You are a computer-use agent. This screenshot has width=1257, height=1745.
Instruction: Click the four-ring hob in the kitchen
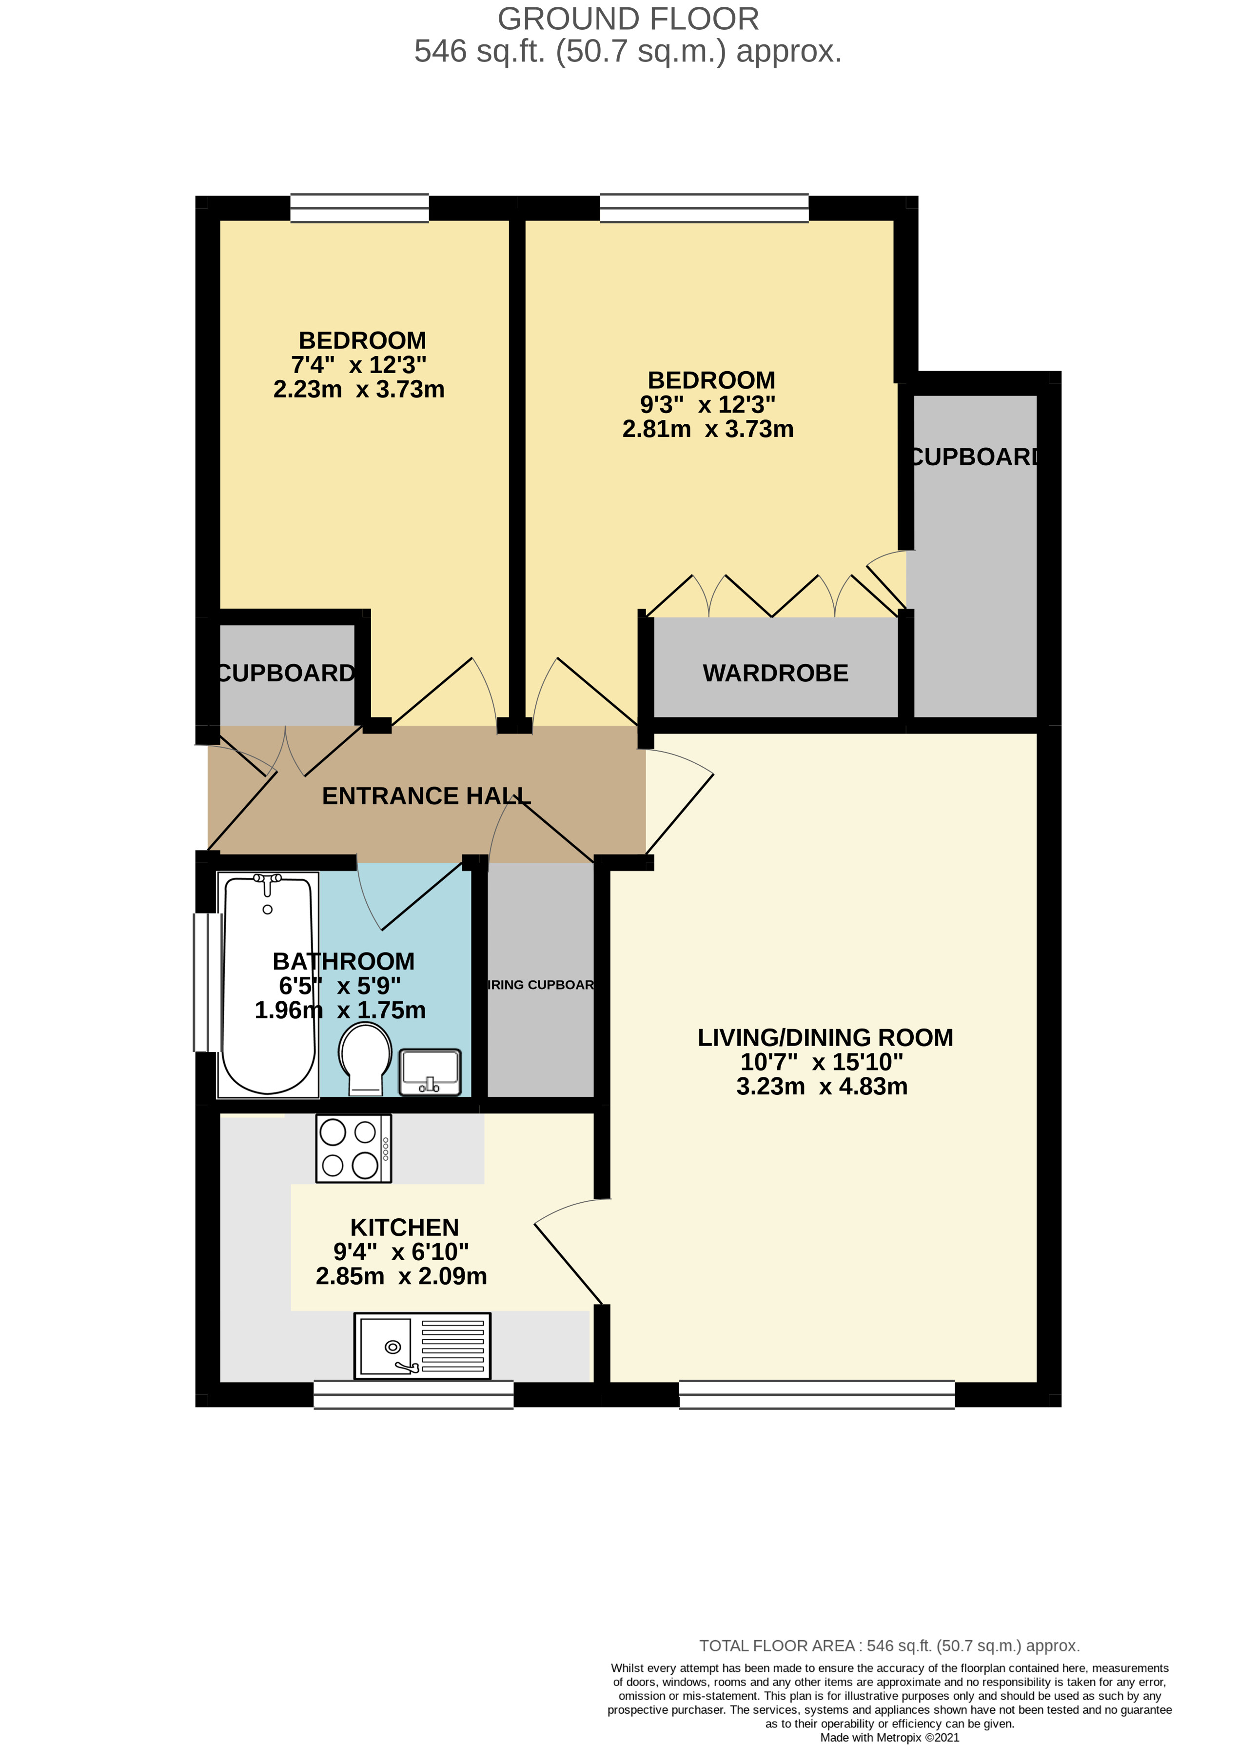(x=353, y=1148)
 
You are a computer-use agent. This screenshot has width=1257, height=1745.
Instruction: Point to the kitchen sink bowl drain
(x=393, y=1347)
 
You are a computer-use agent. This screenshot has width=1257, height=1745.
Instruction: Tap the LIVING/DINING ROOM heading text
(x=825, y=1037)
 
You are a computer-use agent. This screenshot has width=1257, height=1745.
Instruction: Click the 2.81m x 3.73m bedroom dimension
(x=708, y=429)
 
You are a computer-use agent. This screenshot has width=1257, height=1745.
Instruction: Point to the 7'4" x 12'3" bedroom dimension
(x=358, y=365)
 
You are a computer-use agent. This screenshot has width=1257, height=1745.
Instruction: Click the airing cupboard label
(x=541, y=985)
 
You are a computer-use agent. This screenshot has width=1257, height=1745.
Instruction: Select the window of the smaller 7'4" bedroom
(x=359, y=208)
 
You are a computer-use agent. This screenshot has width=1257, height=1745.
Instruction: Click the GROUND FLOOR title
(x=628, y=19)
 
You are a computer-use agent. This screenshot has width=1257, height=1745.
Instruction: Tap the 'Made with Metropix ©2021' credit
(x=889, y=1737)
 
